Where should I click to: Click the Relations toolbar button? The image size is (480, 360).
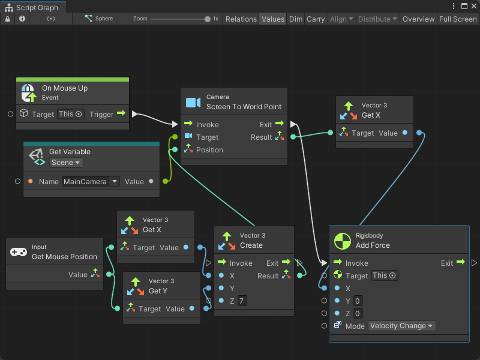[x=241, y=19]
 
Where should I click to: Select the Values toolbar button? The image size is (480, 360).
[x=273, y=19]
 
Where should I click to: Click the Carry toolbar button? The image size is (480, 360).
[x=316, y=19]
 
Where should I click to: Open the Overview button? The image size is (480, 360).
[x=418, y=19]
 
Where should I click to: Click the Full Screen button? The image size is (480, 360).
[x=458, y=19]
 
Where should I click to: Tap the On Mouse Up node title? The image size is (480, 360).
[x=65, y=88]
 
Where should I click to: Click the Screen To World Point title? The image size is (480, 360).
[x=244, y=107]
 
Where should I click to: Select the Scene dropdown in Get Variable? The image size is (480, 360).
[x=66, y=163]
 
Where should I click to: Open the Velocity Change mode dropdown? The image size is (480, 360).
[x=401, y=326]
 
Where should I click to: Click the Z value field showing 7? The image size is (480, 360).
[x=242, y=301]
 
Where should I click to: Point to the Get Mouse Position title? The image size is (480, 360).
[x=64, y=257]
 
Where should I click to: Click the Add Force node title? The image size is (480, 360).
[x=373, y=245]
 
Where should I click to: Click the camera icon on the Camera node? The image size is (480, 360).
[x=193, y=103]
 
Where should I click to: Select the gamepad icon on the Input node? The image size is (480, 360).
[x=19, y=253]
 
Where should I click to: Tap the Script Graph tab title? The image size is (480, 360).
[x=37, y=8]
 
